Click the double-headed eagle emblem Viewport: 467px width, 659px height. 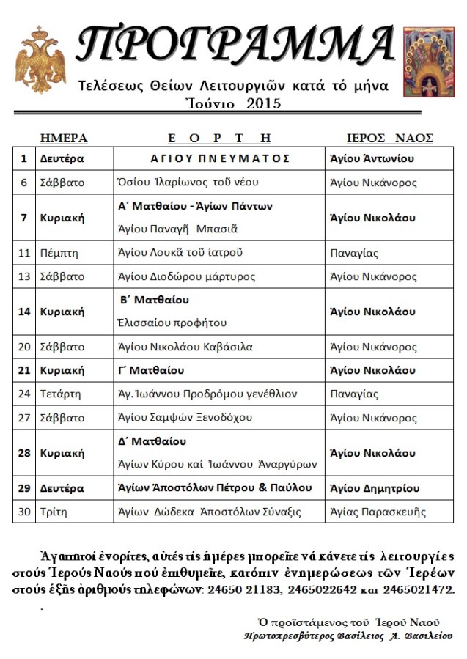pyautogui.click(x=40, y=59)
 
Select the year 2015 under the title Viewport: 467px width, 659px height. pyautogui.click(x=264, y=103)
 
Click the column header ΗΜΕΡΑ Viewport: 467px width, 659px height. pyautogui.click(x=64, y=138)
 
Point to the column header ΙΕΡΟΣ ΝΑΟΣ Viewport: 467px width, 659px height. pyautogui.click(x=389, y=138)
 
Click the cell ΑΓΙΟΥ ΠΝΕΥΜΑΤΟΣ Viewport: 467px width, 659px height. pyautogui.click(x=221, y=158)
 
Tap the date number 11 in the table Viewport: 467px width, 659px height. pyautogui.click(x=24, y=253)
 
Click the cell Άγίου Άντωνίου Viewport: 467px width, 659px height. pyautogui.click(x=372, y=158)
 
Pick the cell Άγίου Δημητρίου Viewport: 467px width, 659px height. pyautogui.click(x=374, y=487)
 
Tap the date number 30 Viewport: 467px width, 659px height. pyautogui.click(x=24, y=512)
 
